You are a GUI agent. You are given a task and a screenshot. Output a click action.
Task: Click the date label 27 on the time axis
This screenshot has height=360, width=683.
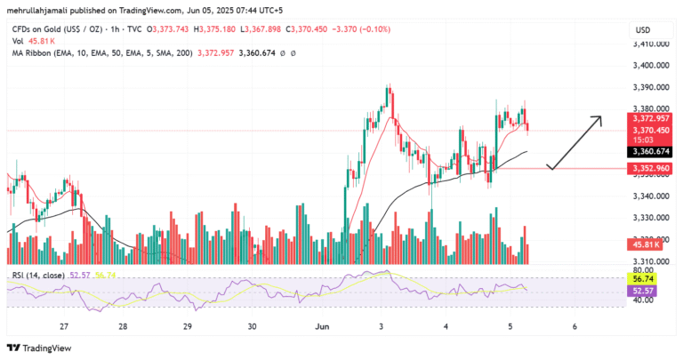[64, 326]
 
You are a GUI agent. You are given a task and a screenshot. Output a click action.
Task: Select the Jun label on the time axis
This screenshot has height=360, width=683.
[322, 326]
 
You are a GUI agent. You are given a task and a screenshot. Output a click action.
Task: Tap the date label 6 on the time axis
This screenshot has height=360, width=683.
[575, 326]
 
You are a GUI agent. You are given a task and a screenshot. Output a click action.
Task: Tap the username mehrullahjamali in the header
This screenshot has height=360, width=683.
[41, 9]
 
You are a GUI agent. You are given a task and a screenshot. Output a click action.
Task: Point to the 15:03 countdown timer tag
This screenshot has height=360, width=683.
[642, 139]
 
